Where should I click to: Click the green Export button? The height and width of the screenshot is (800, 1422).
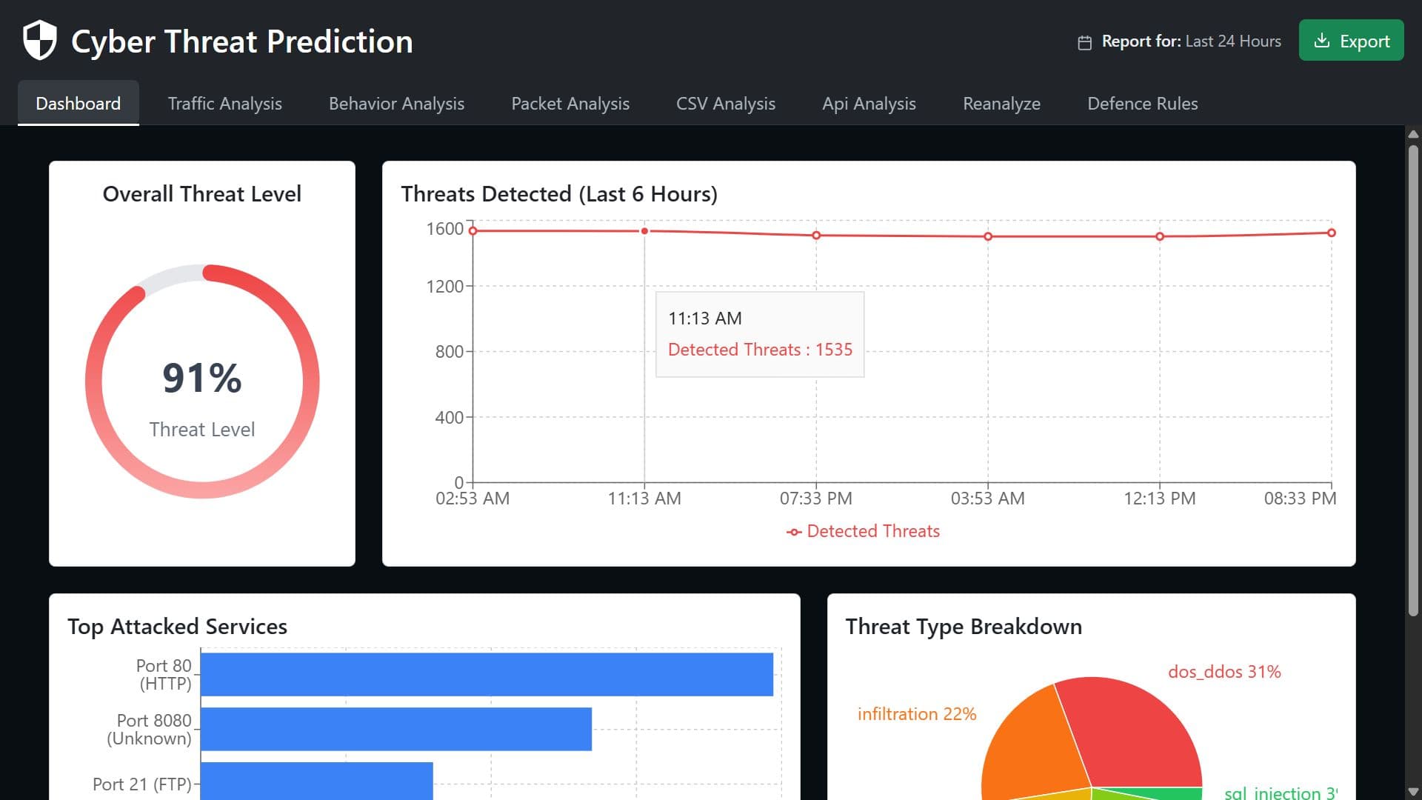point(1351,41)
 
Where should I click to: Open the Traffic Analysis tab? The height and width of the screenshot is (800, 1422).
point(224,104)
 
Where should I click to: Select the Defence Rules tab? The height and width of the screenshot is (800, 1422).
point(1142,104)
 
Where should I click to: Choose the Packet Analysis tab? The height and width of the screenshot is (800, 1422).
point(570,104)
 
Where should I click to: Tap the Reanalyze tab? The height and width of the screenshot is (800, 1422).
point(1001,104)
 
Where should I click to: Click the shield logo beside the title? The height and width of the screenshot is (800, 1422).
point(39,40)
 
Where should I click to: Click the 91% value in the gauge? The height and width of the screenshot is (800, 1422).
point(201,378)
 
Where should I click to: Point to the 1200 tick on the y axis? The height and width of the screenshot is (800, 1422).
point(444,287)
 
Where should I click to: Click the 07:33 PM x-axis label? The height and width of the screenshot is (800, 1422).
point(815,499)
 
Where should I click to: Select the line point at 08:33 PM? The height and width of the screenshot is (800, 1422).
point(1331,233)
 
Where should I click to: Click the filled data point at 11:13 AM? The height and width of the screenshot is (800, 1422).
point(644,231)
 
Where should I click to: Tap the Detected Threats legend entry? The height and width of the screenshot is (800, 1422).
point(863,531)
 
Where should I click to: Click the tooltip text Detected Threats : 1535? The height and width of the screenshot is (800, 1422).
point(760,350)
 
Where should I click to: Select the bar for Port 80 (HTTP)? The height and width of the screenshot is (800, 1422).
point(487,674)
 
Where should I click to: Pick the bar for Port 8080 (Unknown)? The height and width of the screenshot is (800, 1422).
point(395,729)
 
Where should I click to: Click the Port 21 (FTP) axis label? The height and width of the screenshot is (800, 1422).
point(141,784)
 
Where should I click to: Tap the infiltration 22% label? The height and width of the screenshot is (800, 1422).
point(916,714)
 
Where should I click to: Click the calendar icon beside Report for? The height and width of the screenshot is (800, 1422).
point(1084,42)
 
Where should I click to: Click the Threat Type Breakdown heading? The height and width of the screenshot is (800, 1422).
point(963,627)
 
